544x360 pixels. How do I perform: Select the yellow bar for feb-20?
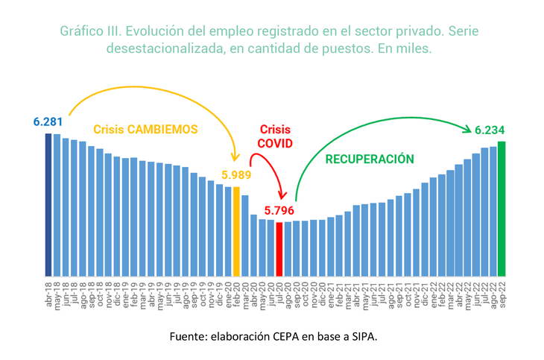[x=237, y=231]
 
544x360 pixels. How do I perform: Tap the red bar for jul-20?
[x=279, y=249]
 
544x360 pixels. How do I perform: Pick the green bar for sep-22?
[x=502, y=208]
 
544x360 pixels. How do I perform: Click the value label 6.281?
[x=48, y=121]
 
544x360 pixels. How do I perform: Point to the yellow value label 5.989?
[x=236, y=175]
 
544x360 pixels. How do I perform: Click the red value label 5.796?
[x=279, y=211]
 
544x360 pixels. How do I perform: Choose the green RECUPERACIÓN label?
[x=369, y=159]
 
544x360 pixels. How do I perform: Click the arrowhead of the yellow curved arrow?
[x=236, y=159]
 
